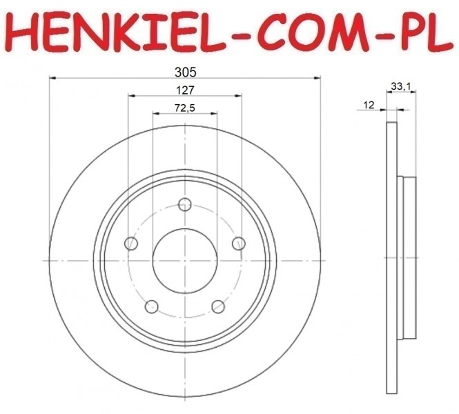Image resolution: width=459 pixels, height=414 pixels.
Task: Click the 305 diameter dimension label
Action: point(185,72)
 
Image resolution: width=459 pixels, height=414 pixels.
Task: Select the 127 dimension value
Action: point(185,90)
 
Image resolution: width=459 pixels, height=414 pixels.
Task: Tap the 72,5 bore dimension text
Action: point(185,108)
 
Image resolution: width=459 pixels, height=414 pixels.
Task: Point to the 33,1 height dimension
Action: point(401,86)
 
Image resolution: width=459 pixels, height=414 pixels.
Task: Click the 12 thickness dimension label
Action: point(369,105)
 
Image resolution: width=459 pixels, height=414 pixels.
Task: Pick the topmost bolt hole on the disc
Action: point(185,204)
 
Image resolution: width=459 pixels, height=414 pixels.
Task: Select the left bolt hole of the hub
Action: point(131,244)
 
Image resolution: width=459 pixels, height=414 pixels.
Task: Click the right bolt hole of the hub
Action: point(239,244)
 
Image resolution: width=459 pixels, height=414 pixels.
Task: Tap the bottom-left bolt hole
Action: point(152,306)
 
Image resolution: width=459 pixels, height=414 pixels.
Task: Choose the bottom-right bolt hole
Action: point(218,306)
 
